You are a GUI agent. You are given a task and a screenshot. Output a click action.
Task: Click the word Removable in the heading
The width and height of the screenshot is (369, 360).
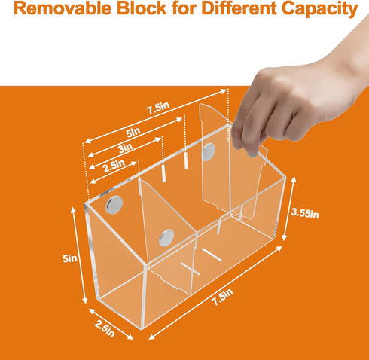pos(63,8)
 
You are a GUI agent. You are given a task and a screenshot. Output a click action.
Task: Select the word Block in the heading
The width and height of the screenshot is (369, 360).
pos(142,8)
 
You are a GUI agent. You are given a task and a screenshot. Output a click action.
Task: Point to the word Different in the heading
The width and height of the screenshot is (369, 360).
pos(239,8)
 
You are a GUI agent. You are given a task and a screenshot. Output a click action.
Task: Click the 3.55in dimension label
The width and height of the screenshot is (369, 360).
pos(305,213)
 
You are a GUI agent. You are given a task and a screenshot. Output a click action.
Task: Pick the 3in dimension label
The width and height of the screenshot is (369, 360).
pos(125,148)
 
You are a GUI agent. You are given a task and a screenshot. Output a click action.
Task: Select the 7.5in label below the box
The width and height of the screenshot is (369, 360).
pos(223,297)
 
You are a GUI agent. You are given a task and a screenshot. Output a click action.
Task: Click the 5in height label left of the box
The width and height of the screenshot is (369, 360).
pos(70,258)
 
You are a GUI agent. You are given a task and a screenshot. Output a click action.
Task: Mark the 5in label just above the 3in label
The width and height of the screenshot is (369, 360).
pos(133,133)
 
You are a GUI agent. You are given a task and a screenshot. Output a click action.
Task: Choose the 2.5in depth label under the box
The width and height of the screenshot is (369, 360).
pos(105,329)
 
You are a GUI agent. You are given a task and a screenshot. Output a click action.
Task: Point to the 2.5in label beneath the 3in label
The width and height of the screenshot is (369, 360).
pos(114,166)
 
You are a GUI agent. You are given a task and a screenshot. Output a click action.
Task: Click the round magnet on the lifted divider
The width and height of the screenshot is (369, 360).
pos(209,152)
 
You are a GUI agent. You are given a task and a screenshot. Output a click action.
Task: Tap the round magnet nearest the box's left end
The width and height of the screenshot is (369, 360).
pos(114,205)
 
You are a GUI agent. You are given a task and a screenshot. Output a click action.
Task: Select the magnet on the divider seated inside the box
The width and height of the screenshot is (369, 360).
pos(166,237)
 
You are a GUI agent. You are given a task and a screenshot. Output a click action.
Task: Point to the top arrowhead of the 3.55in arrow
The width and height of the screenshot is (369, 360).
pos(294,179)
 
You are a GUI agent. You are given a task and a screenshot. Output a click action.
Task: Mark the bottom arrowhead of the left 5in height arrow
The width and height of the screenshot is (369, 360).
pos(85,301)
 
